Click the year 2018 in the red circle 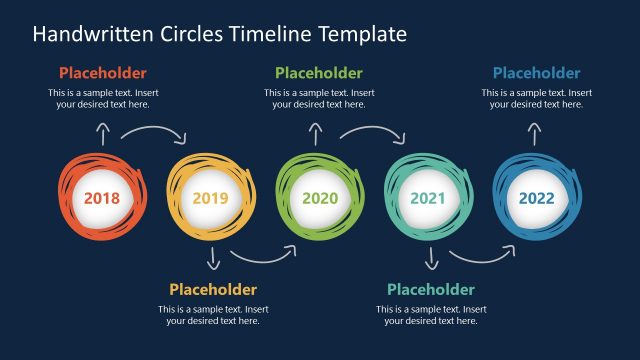click(x=102, y=198)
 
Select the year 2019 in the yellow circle click(x=210, y=198)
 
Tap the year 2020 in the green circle click(x=320, y=198)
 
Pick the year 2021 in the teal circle click(x=428, y=198)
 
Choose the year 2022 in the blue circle click(x=536, y=198)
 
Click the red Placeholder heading click(x=102, y=73)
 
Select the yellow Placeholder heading click(x=213, y=289)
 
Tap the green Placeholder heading click(x=319, y=73)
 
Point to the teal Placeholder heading click(x=431, y=289)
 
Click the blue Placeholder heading click(x=536, y=73)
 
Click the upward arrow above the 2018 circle click(x=102, y=134)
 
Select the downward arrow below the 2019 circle click(x=213, y=259)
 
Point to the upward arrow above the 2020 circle click(x=316, y=134)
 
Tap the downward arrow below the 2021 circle click(x=431, y=259)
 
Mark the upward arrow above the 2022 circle click(x=535, y=134)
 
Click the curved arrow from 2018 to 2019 click(x=155, y=132)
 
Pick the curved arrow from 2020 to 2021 click(x=372, y=132)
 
